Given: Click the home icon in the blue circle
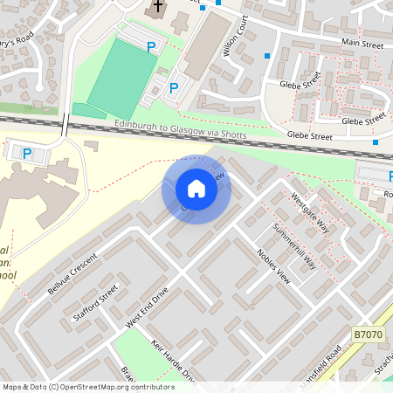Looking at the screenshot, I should point(196,189).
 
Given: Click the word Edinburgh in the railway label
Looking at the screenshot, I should point(138,128).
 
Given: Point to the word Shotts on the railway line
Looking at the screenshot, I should point(233,135).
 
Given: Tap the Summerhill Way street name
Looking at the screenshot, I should point(294,246).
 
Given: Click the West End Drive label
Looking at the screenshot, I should point(147,312).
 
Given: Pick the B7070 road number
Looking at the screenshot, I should point(369,334).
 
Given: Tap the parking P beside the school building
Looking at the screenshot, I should point(26,154).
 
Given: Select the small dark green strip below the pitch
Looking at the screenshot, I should point(88,110).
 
